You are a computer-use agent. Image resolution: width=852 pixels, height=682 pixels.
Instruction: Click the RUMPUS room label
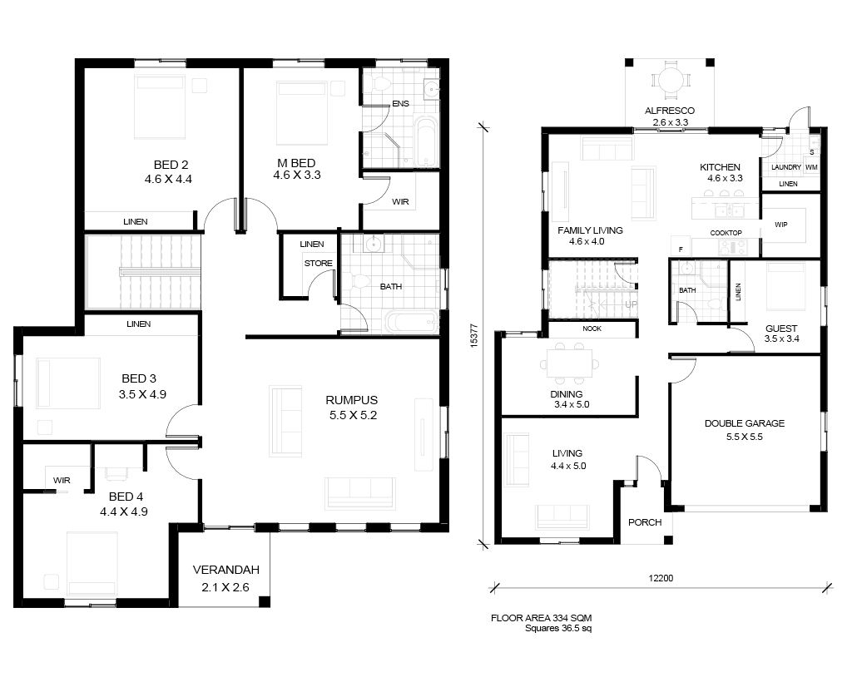tap(352, 400)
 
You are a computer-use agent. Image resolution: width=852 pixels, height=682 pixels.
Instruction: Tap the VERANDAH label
tap(226, 571)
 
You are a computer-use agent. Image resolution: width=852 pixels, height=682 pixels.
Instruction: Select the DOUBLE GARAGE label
tap(745, 423)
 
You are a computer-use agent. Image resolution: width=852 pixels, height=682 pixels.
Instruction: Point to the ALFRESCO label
tap(670, 111)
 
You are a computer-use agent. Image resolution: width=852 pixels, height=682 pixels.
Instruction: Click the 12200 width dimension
tap(661, 578)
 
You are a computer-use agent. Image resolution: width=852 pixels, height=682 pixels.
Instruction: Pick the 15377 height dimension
tap(473, 335)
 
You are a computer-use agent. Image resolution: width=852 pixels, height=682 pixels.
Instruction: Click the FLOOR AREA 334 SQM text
tap(541, 618)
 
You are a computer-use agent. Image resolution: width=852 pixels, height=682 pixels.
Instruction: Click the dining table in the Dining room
tap(569, 363)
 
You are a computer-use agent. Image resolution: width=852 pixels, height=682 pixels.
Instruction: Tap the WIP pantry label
tap(780, 225)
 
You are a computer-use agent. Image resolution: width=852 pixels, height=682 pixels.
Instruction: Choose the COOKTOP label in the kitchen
tap(726, 233)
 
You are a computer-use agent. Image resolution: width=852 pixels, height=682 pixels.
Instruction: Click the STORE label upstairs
tap(319, 264)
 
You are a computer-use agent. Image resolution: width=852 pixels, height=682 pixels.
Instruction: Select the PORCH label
tap(645, 522)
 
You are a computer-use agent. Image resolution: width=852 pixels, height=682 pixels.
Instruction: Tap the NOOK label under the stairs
tap(592, 329)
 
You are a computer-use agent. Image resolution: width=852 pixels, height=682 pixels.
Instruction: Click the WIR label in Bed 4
tap(62, 481)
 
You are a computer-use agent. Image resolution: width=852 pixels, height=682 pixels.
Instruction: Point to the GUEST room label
tap(781, 329)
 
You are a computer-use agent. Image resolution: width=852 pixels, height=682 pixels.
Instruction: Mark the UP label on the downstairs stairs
tap(631, 304)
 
